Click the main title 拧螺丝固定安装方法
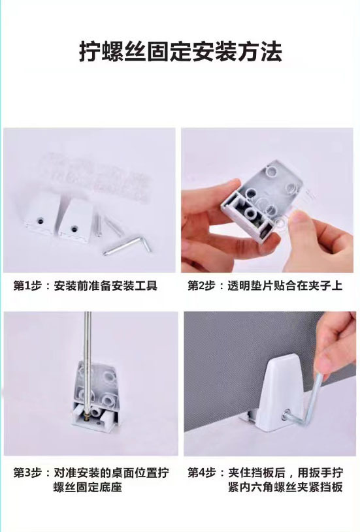click(180, 52)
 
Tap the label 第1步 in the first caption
click(27, 285)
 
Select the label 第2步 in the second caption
click(201, 285)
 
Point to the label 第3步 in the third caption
click(27, 473)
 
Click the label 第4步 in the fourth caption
click(201, 473)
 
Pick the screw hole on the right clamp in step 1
click(74, 228)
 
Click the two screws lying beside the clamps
click(108, 225)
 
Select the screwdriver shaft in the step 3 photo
click(88, 360)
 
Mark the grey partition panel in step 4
click(252, 370)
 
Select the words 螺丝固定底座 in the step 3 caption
click(88, 487)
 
